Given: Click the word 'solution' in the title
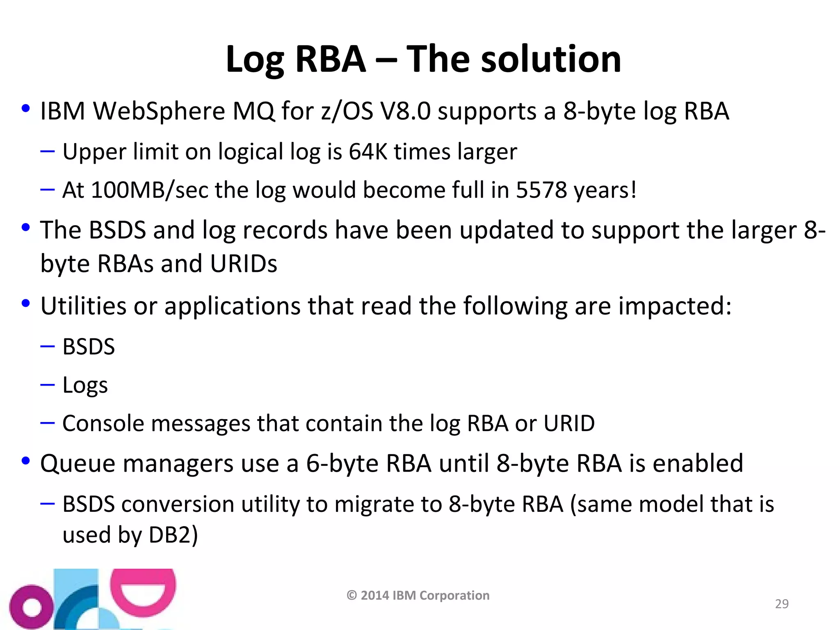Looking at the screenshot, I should point(551,59).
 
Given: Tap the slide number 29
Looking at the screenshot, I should point(782,604).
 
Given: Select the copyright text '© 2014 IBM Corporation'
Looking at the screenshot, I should point(418,595).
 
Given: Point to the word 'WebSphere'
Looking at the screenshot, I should point(160,112).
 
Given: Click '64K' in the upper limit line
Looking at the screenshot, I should point(368,152).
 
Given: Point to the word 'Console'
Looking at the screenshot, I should point(103,424).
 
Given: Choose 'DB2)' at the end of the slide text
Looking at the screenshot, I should point(173,535).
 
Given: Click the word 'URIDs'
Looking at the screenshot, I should point(243,264).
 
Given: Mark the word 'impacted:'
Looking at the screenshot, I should point(675,306).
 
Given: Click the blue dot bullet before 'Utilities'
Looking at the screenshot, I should point(26,304).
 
